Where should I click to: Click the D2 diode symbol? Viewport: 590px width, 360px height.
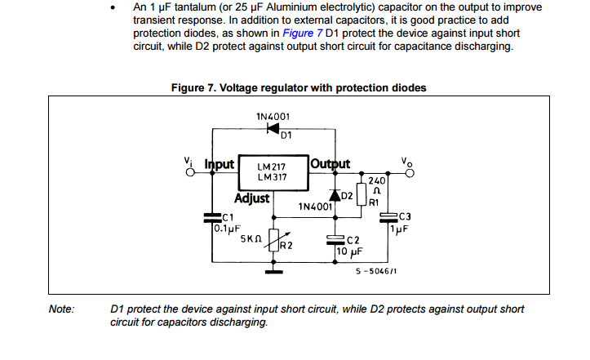click(335, 195)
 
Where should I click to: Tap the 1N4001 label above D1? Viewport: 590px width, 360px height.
click(273, 116)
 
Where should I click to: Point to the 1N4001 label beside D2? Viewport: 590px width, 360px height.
click(315, 207)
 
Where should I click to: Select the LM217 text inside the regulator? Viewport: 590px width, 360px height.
click(271, 167)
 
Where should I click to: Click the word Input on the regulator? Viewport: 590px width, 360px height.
click(219, 163)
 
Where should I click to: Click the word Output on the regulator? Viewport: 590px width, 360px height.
click(330, 163)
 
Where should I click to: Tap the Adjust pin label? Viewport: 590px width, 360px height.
click(252, 198)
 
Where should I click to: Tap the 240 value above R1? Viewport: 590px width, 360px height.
click(377, 180)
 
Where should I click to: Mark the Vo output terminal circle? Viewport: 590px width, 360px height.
click(410, 172)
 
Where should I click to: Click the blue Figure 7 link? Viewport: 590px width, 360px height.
click(302, 33)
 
